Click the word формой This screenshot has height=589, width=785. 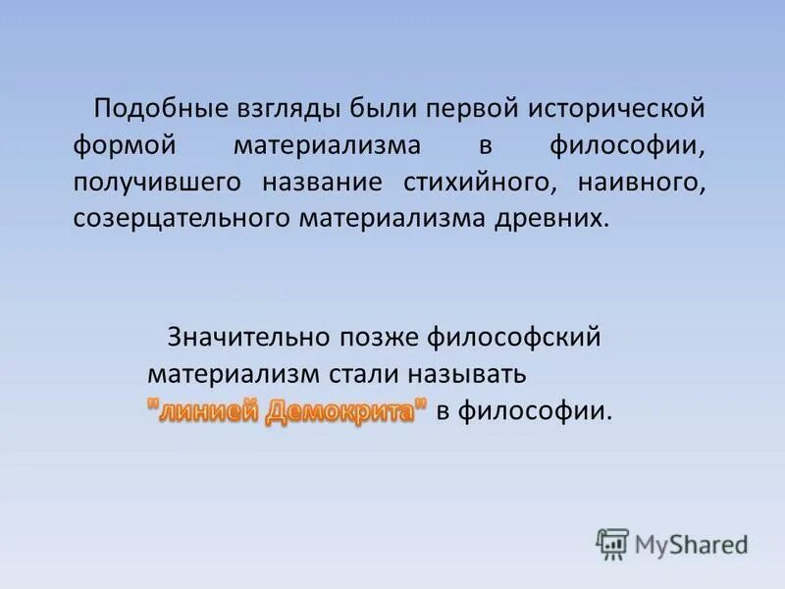click(123, 145)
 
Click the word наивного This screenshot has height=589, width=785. click(639, 182)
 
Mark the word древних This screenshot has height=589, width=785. click(556, 217)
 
